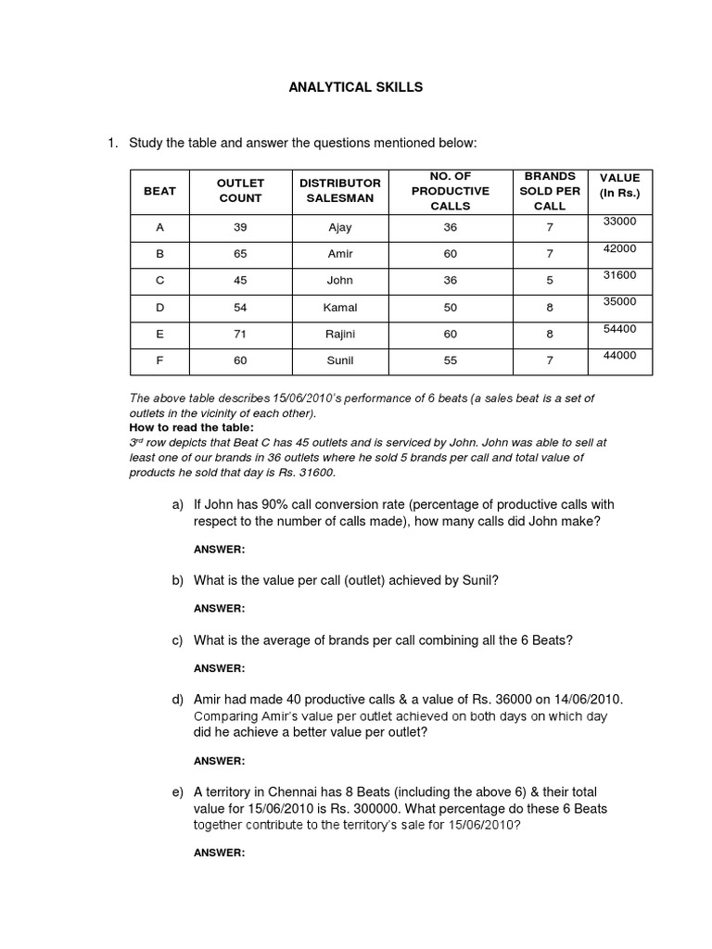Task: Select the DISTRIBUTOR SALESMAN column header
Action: [x=340, y=191]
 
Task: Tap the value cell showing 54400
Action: [x=619, y=329]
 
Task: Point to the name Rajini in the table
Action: [x=340, y=334]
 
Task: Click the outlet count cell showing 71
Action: [x=240, y=334]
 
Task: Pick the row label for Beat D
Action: [x=159, y=307]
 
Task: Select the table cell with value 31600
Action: [x=619, y=275]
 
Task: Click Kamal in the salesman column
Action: [x=340, y=307]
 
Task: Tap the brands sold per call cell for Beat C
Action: [x=550, y=280]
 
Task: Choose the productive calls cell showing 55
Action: [x=451, y=361]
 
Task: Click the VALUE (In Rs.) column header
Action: [x=619, y=185]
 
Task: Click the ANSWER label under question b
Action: [x=219, y=609]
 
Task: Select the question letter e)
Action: [x=178, y=792]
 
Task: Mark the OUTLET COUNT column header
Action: [x=240, y=191]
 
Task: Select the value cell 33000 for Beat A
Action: [x=619, y=221]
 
